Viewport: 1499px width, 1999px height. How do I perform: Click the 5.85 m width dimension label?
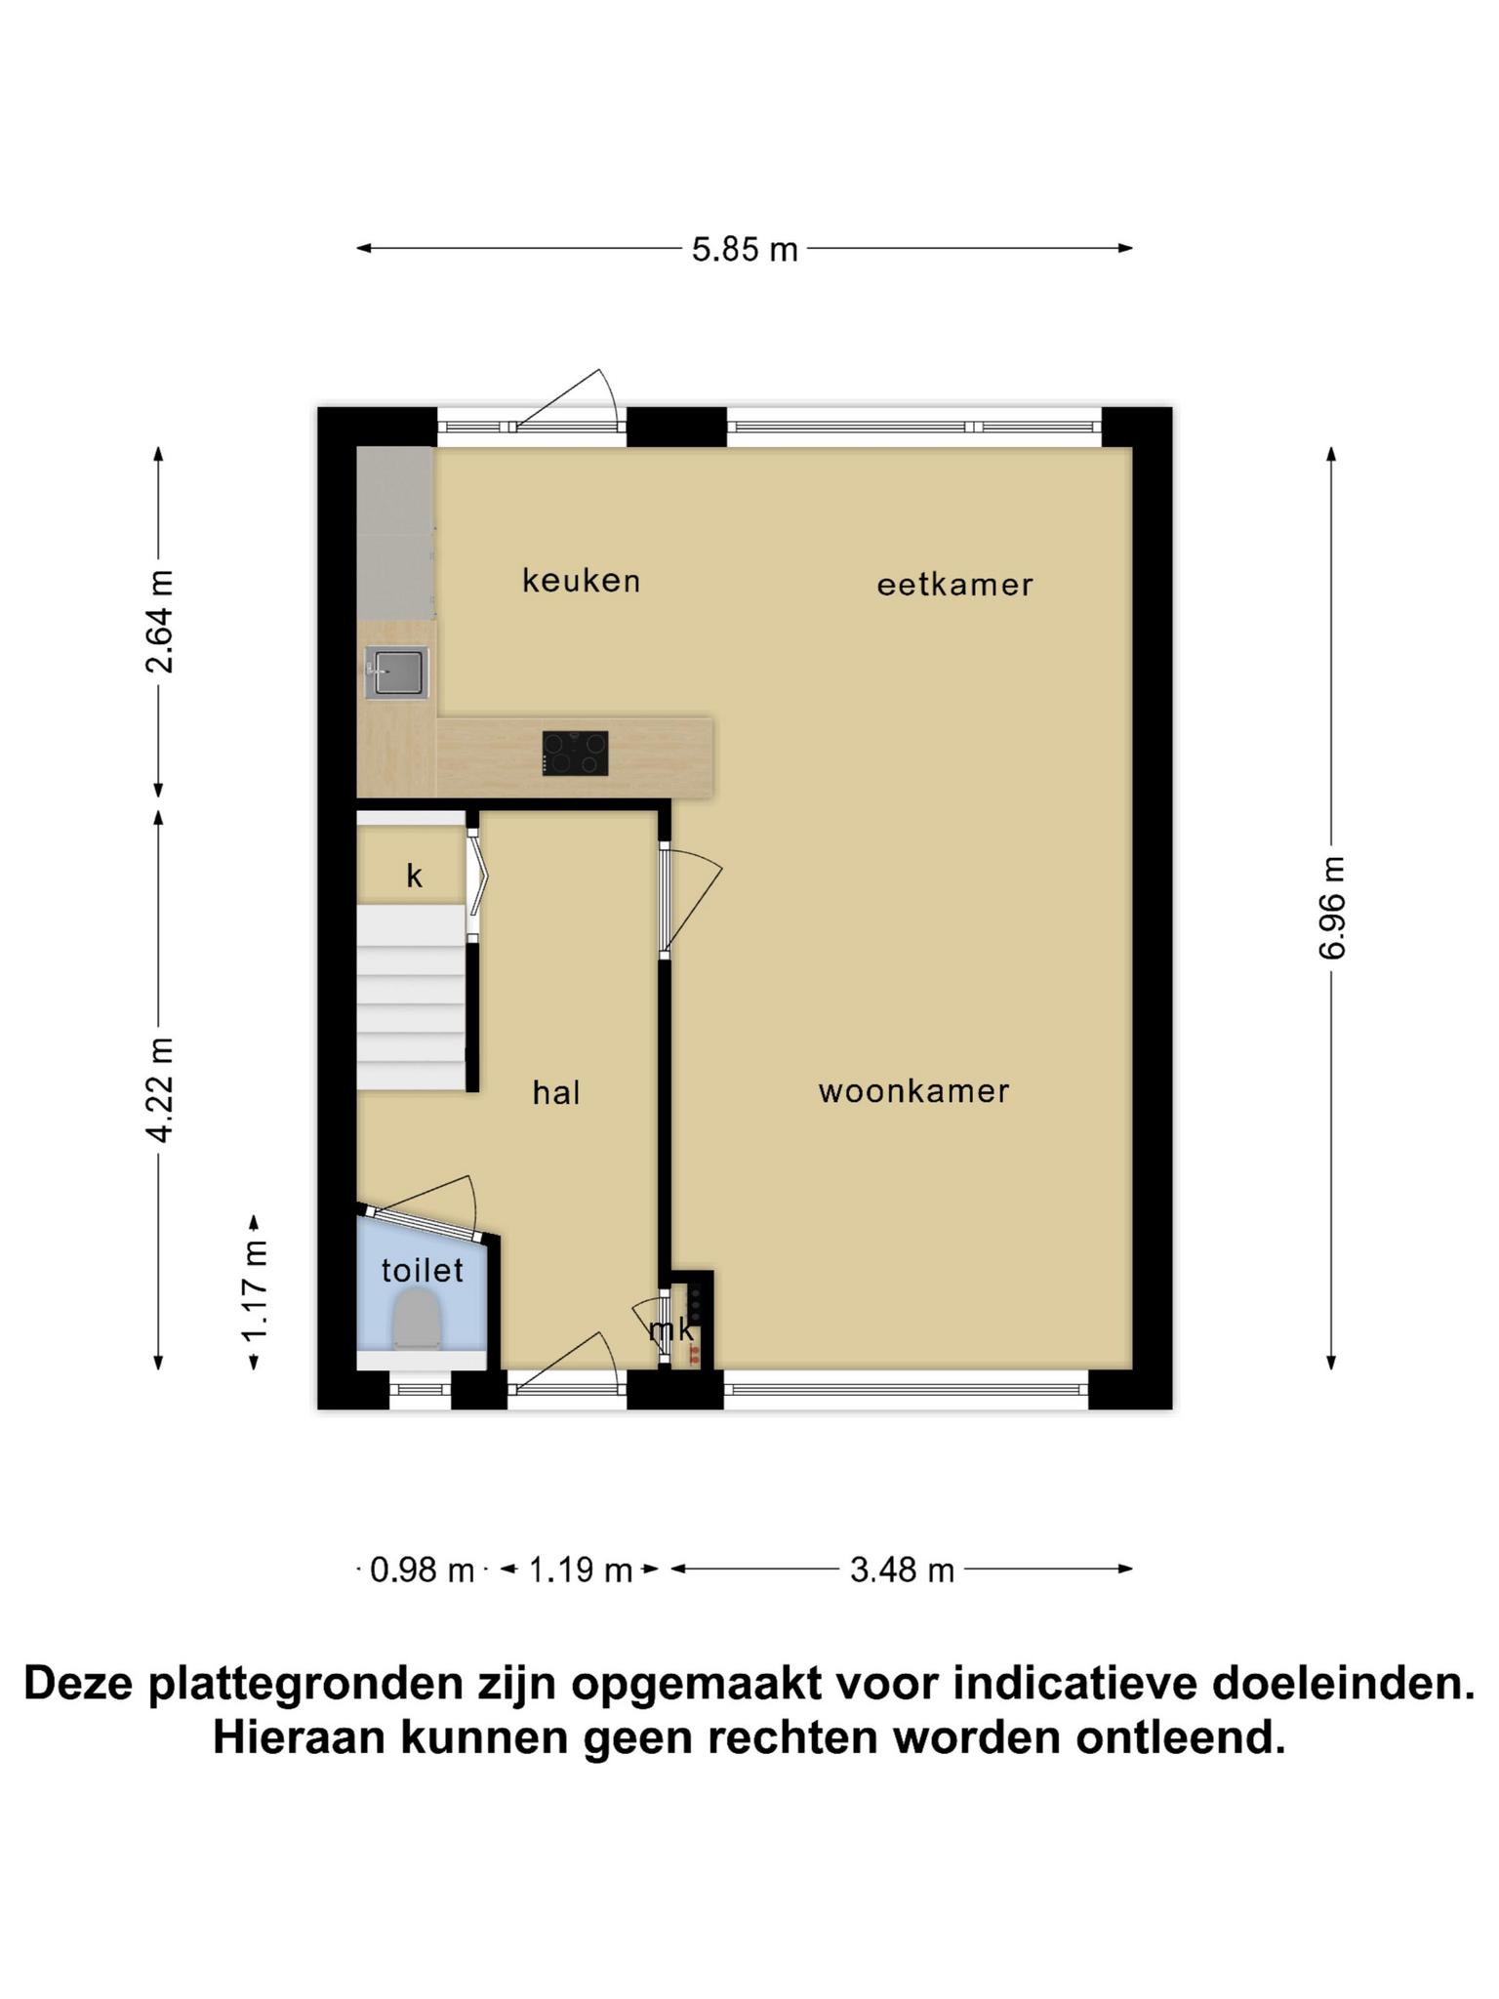point(745,250)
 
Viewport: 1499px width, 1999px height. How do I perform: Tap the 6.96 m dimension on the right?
point(1332,908)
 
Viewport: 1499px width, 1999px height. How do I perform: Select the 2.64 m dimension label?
point(159,622)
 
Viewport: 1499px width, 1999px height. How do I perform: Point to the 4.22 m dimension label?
point(159,1089)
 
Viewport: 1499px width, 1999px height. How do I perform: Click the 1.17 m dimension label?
point(255,1290)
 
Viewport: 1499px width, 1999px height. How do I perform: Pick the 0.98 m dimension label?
point(422,1571)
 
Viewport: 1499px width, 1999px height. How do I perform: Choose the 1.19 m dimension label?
point(581,1571)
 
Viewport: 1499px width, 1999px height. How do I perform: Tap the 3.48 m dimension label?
point(902,1571)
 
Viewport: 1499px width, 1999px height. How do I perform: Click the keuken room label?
point(582,581)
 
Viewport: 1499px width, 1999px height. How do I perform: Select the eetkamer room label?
point(954,585)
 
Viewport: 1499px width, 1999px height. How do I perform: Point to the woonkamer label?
point(913,1090)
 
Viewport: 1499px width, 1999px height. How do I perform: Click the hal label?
point(556,1092)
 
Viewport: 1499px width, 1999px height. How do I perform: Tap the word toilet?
point(422,1270)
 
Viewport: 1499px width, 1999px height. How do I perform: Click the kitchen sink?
point(396,673)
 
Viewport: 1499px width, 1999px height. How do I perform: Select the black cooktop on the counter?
point(576,754)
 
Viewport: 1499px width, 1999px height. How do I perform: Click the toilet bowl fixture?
point(418,1319)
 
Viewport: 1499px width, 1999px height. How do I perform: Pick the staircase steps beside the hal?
point(411,997)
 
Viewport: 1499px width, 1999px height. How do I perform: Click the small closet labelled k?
point(411,865)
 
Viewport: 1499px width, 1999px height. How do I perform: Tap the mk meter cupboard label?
point(672,1328)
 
